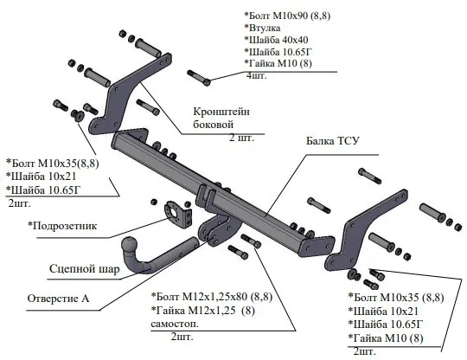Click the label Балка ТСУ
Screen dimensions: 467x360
point(333,141)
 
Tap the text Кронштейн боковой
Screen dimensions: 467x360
point(221,118)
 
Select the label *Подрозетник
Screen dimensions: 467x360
point(62,226)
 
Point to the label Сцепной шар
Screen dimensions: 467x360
point(84,269)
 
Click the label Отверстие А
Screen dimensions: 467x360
point(58,299)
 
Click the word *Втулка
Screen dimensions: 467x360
point(262,28)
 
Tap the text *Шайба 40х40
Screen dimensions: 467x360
point(276,40)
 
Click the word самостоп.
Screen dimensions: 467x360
point(175,324)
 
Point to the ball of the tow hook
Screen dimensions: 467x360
point(129,245)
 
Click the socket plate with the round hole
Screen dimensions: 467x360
point(176,214)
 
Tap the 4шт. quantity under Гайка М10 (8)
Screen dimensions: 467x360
point(256,75)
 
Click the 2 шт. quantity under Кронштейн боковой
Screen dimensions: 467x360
point(241,138)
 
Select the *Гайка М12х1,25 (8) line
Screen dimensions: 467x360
point(203,311)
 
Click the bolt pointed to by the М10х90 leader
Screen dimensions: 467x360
point(199,78)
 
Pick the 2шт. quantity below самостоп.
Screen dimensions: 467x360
point(182,337)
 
